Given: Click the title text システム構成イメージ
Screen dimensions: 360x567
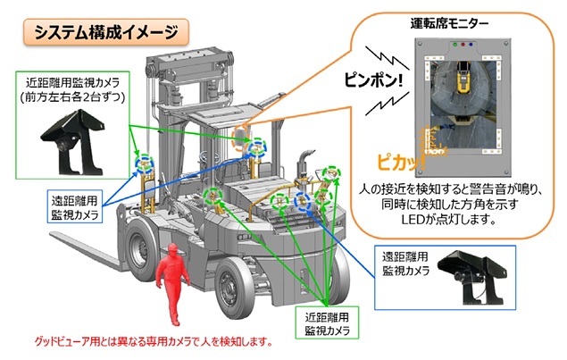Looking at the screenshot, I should (105, 33).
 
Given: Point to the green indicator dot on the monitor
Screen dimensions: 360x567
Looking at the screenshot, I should (454, 43).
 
